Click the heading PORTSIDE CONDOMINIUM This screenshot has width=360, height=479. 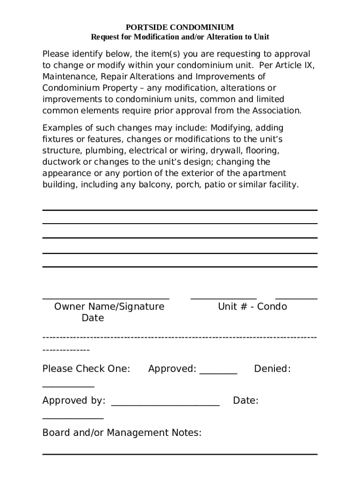pyautogui.click(x=180, y=28)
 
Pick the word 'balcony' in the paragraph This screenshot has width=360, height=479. pyautogui.click(x=156, y=184)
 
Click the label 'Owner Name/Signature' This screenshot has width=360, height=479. pyautogui.click(x=109, y=307)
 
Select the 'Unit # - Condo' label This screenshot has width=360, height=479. pyautogui.click(x=252, y=307)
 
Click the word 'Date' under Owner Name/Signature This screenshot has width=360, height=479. pyautogui.click(x=93, y=318)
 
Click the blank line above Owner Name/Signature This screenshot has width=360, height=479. pyautogui.click(x=106, y=298)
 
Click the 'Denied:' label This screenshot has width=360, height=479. pyautogui.click(x=272, y=369)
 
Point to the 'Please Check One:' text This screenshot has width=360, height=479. pyautogui.click(x=86, y=369)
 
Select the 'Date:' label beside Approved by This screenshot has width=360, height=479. pyautogui.click(x=245, y=401)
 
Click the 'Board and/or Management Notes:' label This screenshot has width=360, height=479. pyautogui.click(x=122, y=433)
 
